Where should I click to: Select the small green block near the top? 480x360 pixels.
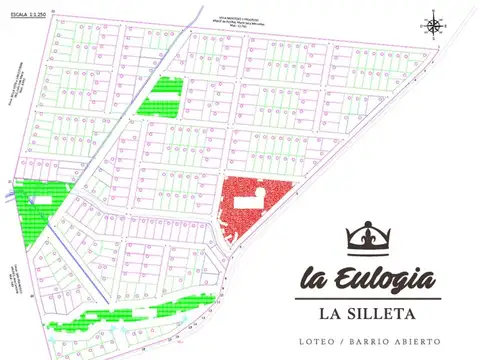[160, 99]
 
